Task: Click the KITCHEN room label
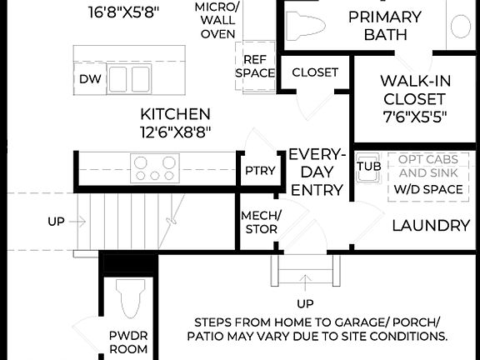175,113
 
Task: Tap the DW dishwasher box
89,79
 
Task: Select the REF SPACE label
254,66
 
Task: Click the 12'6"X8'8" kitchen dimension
175,131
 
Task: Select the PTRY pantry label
260,171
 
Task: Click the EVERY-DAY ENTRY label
316,172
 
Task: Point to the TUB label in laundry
367,166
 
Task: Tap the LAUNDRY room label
431,225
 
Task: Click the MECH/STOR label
261,222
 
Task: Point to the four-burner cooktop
153,167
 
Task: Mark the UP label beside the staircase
56,222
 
